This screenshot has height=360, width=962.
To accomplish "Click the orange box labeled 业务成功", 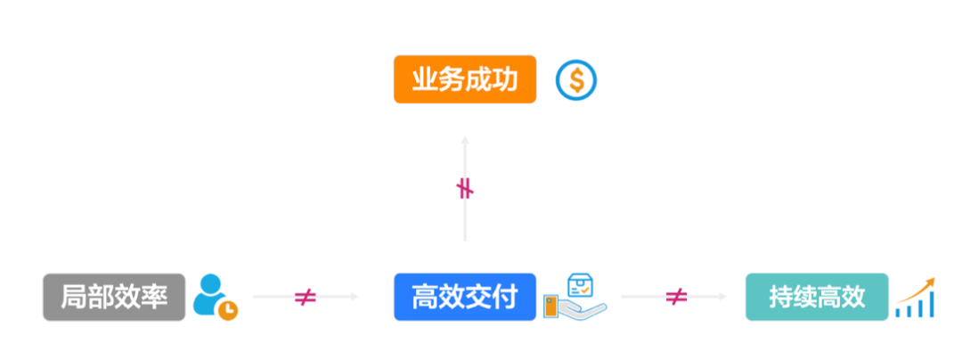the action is (465, 80).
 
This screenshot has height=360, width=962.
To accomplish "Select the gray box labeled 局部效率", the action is (114, 297).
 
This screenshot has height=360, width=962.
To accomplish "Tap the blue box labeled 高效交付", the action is (465, 297).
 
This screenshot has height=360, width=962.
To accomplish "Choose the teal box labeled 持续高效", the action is (817, 297).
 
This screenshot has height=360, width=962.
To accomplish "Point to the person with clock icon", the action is (215, 297).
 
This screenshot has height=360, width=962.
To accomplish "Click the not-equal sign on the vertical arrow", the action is (465, 188).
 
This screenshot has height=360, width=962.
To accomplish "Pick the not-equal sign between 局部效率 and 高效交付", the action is (306, 297).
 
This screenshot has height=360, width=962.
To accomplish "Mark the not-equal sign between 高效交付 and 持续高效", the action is (676, 297).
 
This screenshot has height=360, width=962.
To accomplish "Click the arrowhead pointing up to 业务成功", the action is (465, 140).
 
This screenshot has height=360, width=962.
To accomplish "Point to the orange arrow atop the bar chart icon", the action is (927, 282).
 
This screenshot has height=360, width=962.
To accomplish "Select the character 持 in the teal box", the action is (775, 297).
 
